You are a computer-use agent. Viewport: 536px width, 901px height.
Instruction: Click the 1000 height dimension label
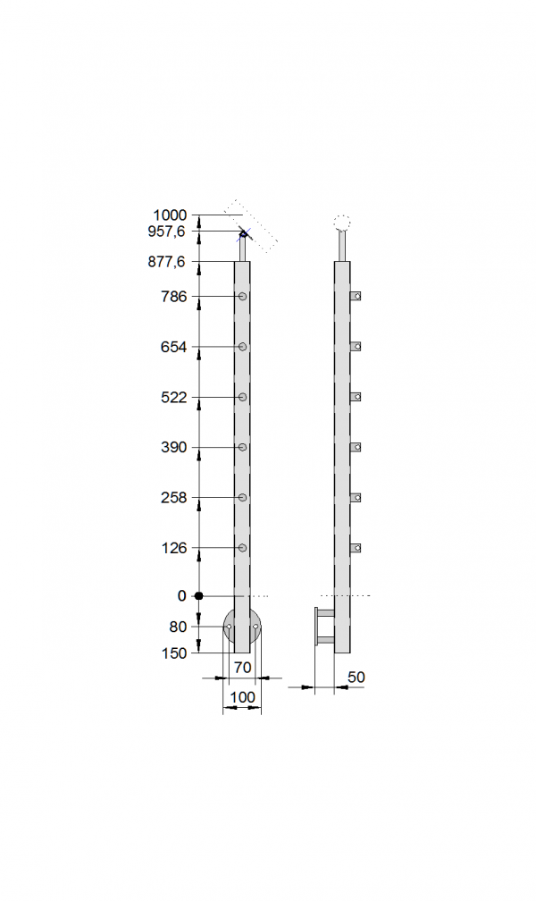pyautogui.click(x=170, y=215)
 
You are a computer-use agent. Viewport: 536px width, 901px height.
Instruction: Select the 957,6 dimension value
pyautogui.click(x=166, y=232)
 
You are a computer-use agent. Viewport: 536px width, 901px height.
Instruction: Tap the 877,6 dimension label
pyautogui.click(x=166, y=262)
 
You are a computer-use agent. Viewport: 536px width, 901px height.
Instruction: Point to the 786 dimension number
pyautogui.click(x=174, y=297)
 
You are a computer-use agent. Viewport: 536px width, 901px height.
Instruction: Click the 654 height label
pyautogui.click(x=174, y=347)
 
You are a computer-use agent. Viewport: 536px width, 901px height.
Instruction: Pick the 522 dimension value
pyautogui.click(x=174, y=397)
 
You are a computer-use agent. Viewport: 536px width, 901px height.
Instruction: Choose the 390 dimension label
pyautogui.click(x=174, y=447)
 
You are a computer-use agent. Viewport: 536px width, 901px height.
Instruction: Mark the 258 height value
pyautogui.click(x=174, y=498)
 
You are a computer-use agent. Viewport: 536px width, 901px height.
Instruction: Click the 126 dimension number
pyautogui.click(x=174, y=548)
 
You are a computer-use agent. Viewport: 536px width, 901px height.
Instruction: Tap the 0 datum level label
pyautogui.click(x=182, y=596)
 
